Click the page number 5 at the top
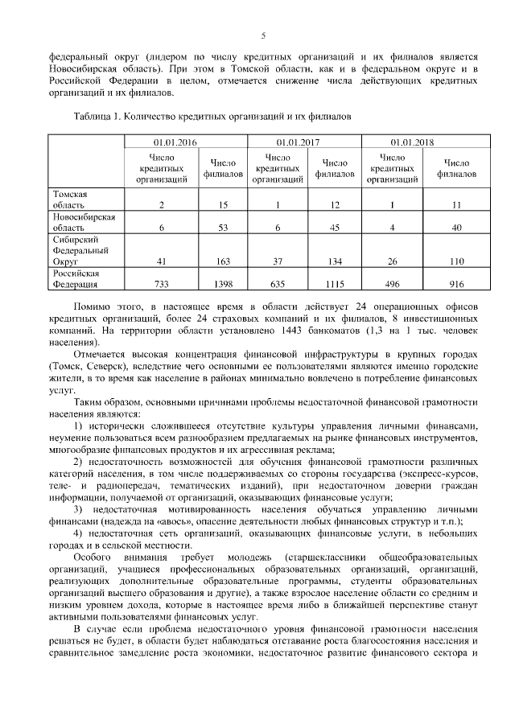coord(263,35)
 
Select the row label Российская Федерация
coord(76,278)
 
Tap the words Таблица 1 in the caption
coord(95,116)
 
